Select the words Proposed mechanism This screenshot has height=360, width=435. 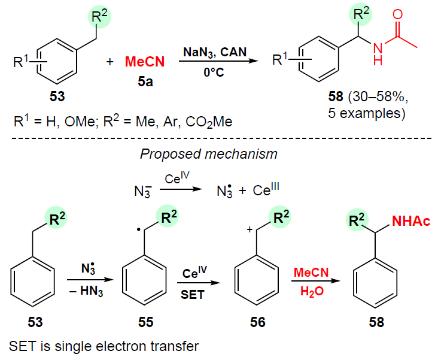(208, 154)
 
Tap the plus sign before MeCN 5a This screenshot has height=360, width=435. (109, 61)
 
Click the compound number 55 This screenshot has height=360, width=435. (145, 322)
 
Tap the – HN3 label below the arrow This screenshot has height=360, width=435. (86, 291)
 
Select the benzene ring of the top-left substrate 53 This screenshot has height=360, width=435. (58, 59)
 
